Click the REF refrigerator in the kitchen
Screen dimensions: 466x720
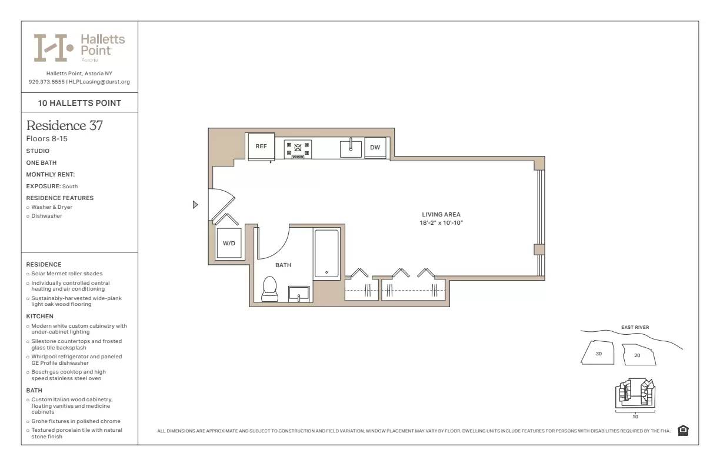click(x=261, y=146)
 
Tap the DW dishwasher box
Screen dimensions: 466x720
click(x=375, y=147)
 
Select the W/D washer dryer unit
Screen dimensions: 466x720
click(x=229, y=243)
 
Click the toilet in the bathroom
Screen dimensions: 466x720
click(x=269, y=288)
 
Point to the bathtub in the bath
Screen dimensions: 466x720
click(x=326, y=253)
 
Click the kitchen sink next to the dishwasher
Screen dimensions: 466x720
click(x=351, y=148)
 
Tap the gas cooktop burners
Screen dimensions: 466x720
click(x=298, y=148)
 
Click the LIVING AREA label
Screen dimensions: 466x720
click(x=441, y=215)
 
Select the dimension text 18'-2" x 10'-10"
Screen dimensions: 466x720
click(x=441, y=223)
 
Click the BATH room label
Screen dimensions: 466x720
click(x=283, y=265)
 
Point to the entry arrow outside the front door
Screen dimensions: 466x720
click(x=195, y=205)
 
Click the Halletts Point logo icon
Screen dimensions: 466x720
click(x=53, y=48)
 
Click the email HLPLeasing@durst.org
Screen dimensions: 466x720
click(x=99, y=82)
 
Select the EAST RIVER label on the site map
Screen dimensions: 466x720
click(x=635, y=328)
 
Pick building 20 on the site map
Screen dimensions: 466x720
click(x=637, y=355)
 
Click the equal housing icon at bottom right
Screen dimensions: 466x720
click(x=683, y=431)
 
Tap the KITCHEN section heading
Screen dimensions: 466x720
click(x=40, y=317)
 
